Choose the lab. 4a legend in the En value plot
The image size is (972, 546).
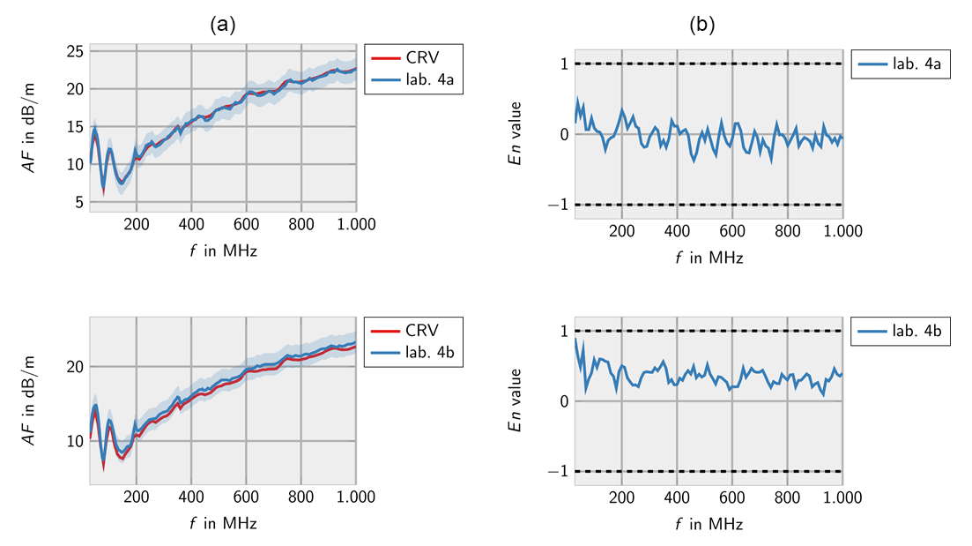coord(900,64)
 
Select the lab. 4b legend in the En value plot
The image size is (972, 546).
coord(900,331)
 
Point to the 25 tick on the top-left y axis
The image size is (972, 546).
coord(76,51)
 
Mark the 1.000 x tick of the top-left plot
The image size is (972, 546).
coord(355,224)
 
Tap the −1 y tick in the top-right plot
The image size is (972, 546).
coord(559,205)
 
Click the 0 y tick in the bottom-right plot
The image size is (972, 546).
coord(564,401)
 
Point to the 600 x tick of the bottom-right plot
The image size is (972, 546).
coord(732,497)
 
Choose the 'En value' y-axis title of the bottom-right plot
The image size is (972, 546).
coord(519,401)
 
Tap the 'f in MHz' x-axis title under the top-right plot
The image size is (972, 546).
coord(709,258)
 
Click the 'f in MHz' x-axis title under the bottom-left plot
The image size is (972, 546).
coord(223,524)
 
